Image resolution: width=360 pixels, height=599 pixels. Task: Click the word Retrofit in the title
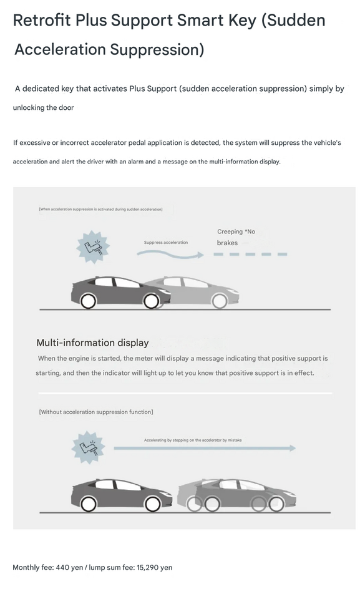[42, 20]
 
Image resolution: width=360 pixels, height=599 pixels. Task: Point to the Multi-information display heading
[92, 343]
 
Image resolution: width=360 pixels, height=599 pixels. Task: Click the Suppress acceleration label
[166, 242]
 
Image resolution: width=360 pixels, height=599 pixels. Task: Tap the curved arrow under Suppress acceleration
[170, 255]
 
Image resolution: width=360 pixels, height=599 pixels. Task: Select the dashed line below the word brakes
[250, 254]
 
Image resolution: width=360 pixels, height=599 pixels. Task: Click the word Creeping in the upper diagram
[230, 231]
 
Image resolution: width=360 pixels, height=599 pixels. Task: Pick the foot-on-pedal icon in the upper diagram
[93, 247]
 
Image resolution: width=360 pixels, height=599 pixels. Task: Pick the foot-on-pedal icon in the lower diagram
[88, 447]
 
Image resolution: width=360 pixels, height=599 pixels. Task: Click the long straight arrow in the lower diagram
[205, 448]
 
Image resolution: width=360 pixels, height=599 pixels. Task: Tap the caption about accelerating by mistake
[193, 440]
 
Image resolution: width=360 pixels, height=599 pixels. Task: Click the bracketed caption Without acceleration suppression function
[96, 412]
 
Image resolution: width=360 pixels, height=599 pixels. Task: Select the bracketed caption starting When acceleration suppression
[101, 210]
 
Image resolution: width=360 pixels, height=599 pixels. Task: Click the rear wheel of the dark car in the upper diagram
[88, 301]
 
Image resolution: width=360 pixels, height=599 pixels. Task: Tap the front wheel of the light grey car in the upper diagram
[220, 301]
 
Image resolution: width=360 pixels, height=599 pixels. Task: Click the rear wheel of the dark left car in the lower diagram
[88, 504]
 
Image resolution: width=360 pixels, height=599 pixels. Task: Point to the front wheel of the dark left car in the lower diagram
[153, 504]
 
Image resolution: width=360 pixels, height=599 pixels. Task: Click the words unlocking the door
[43, 108]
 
